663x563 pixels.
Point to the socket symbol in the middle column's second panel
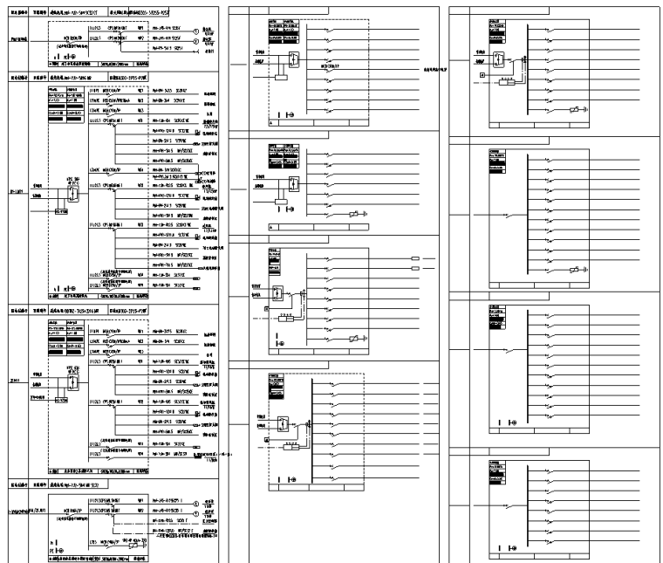[354, 213]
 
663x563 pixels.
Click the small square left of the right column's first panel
[482, 76]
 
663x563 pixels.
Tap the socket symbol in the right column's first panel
[578, 109]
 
